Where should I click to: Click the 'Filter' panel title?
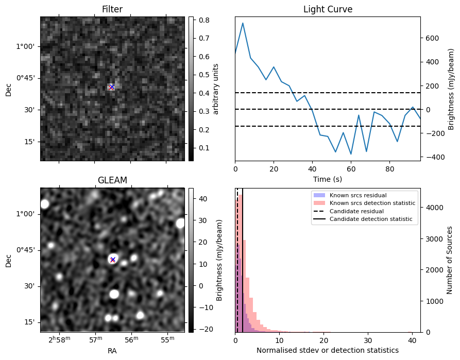click(x=112, y=9)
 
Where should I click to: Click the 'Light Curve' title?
click(x=328, y=9)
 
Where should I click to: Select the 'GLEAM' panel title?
click(x=112, y=180)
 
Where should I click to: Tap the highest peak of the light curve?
click(x=243, y=23)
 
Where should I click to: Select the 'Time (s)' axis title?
click(x=328, y=179)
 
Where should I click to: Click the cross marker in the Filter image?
click(x=111, y=87)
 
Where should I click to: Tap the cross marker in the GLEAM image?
click(x=113, y=260)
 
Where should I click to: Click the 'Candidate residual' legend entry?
click(x=356, y=211)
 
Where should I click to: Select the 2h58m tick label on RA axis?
click(x=60, y=339)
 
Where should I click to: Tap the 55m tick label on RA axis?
click(x=167, y=339)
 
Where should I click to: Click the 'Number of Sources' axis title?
click(x=449, y=260)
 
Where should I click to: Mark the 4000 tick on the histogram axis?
click(x=431, y=208)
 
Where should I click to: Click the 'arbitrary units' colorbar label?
click(x=216, y=89)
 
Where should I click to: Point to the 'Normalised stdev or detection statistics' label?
click(x=328, y=350)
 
